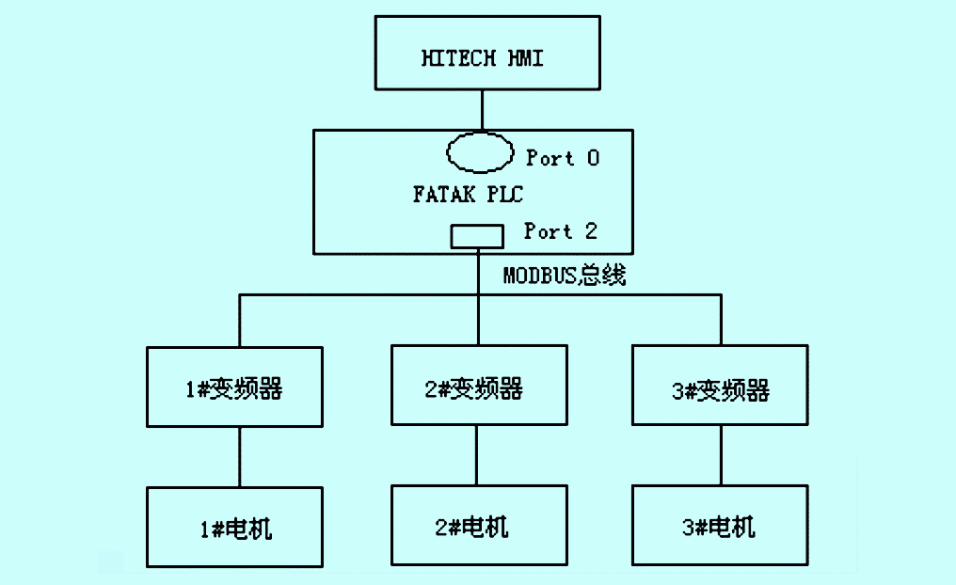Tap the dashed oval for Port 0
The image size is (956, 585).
tap(480, 153)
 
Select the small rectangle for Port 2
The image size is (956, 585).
tap(477, 236)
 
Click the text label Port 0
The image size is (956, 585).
tap(562, 158)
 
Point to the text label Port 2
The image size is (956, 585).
tap(561, 230)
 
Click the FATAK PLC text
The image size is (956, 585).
tap(468, 195)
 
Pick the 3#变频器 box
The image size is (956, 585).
tap(720, 386)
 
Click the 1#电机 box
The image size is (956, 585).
tap(235, 527)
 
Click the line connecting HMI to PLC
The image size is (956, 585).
tap(482, 110)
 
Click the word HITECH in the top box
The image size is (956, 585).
tap(458, 58)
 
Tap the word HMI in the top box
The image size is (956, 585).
tap(525, 58)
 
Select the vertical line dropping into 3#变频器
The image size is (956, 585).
tap(722, 320)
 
